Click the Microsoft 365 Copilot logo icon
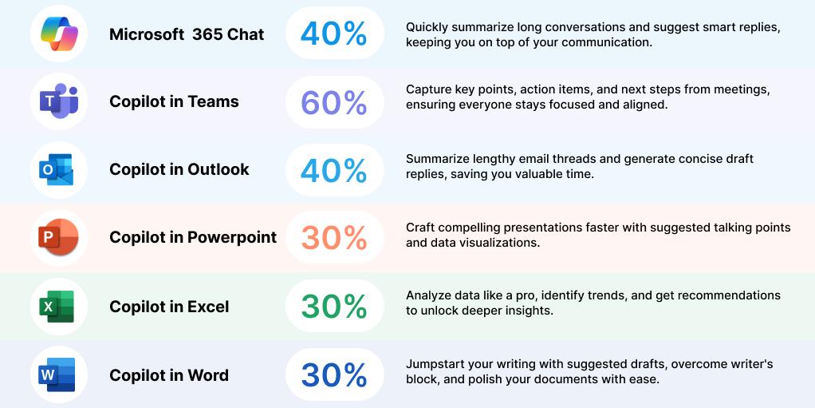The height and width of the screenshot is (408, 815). tap(59, 34)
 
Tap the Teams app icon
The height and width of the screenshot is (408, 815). tap(59, 101)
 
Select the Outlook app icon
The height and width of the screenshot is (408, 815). tap(57, 169)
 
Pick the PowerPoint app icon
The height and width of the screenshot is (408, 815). tap(58, 237)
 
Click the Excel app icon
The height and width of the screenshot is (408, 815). tap(57, 307)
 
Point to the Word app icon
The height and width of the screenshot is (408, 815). tap(57, 374)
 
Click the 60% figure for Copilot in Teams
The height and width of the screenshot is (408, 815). tap(334, 102)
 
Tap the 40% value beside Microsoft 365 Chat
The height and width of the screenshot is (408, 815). tap(333, 34)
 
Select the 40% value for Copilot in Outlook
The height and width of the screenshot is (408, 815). tap(333, 170)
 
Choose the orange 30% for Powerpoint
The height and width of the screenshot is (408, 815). tap(334, 238)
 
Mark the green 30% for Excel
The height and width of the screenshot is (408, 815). tap(334, 307)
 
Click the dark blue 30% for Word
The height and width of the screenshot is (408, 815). tap(334, 374)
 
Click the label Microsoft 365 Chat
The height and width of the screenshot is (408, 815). tap(187, 34)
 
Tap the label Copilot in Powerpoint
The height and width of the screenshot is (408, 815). tap(193, 237)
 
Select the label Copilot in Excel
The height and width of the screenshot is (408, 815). tap(169, 307)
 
